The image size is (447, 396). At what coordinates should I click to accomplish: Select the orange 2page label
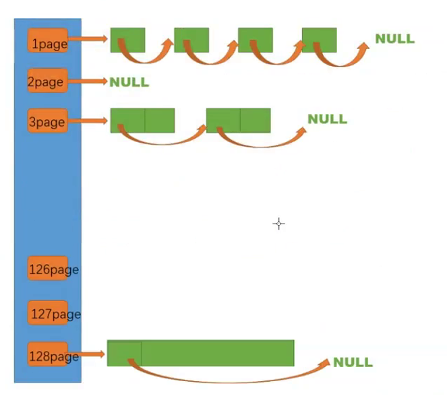[47, 81]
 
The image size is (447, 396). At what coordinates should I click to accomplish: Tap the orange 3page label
[47, 121]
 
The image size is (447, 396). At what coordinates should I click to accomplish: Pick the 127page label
[53, 314]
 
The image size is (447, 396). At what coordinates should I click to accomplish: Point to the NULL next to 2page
[129, 83]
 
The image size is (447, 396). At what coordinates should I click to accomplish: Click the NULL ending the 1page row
[394, 38]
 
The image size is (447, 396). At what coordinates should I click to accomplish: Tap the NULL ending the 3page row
[327, 119]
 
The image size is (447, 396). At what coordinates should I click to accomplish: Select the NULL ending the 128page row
[353, 362]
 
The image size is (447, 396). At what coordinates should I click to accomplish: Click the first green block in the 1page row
[127, 39]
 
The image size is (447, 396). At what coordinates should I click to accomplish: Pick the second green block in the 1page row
[191, 39]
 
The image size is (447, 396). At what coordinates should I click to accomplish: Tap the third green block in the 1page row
[255, 39]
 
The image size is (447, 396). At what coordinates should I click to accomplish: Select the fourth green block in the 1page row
[319, 39]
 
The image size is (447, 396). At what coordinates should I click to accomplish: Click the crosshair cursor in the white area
[278, 224]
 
